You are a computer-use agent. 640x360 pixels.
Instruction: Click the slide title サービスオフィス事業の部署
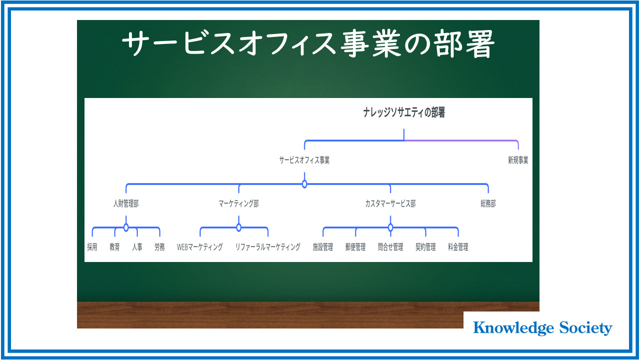point(308,43)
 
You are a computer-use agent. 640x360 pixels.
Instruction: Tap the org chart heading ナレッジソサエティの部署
point(404,112)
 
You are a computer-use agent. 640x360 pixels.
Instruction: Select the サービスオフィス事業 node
point(304,160)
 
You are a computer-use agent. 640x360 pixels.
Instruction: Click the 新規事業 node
point(518,160)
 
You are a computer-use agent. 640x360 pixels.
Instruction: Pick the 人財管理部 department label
point(126,203)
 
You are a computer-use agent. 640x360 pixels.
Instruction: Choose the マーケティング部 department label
point(239,203)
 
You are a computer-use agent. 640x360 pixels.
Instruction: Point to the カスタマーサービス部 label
point(390,203)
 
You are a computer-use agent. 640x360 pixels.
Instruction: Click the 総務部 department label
point(488,203)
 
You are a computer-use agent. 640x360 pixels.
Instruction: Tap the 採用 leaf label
point(92,247)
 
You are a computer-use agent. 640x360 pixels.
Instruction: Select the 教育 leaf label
point(114,247)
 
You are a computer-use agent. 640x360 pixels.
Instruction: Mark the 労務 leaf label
point(159,247)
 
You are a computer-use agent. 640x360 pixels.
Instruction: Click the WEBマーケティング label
point(199,247)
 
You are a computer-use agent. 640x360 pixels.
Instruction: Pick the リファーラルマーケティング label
point(267,247)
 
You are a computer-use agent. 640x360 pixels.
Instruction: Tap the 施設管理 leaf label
point(323,247)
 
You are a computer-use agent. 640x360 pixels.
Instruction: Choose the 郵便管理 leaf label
point(355,247)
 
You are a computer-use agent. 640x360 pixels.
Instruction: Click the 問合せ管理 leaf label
point(390,247)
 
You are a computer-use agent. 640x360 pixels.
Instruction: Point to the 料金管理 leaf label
point(458,247)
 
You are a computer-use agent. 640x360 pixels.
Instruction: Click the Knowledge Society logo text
point(542,327)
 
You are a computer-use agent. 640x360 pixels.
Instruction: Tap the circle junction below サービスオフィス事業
point(304,184)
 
